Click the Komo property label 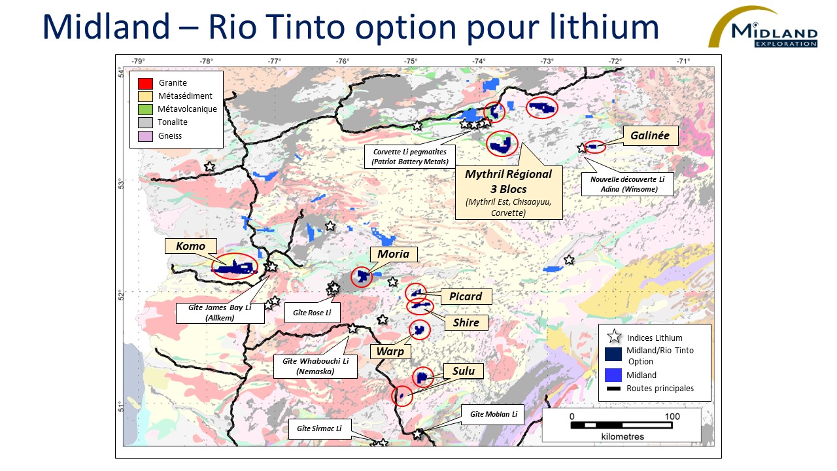pyautogui.click(x=190, y=246)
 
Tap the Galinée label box pyautogui.click(x=650, y=135)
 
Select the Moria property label pyautogui.click(x=393, y=254)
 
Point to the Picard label pyautogui.click(x=465, y=296)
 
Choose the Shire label pyautogui.click(x=466, y=322)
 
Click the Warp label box pyautogui.click(x=390, y=351)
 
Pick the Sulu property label pyautogui.click(x=463, y=372)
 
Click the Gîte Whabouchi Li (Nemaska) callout pyautogui.click(x=315, y=366)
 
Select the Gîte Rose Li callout pyautogui.click(x=312, y=313)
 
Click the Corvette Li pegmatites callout pyautogui.click(x=410, y=156)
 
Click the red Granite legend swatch pyautogui.click(x=145, y=83)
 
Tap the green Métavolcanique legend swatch pyautogui.click(x=145, y=109)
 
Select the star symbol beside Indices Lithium pyautogui.click(x=614, y=338)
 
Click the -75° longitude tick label pyautogui.click(x=411, y=61)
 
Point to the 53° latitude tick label pyautogui.click(x=120, y=183)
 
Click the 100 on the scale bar pyautogui.click(x=672, y=416)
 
